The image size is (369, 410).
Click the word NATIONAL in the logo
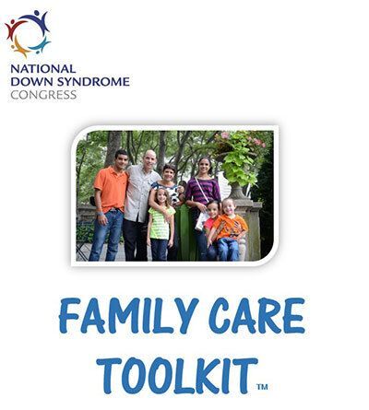coord(43,69)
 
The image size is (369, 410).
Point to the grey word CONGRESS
coord(43,95)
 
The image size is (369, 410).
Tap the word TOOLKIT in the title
coord(177,376)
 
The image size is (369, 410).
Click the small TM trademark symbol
coord(262,386)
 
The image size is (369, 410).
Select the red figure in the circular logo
coord(14,29)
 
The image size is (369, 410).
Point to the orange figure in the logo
coord(20,49)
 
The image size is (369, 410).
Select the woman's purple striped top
coord(203,191)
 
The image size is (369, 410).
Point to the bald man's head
coord(149,159)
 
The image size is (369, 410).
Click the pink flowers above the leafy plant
coord(243,139)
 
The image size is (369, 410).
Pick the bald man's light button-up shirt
coord(140,192)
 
